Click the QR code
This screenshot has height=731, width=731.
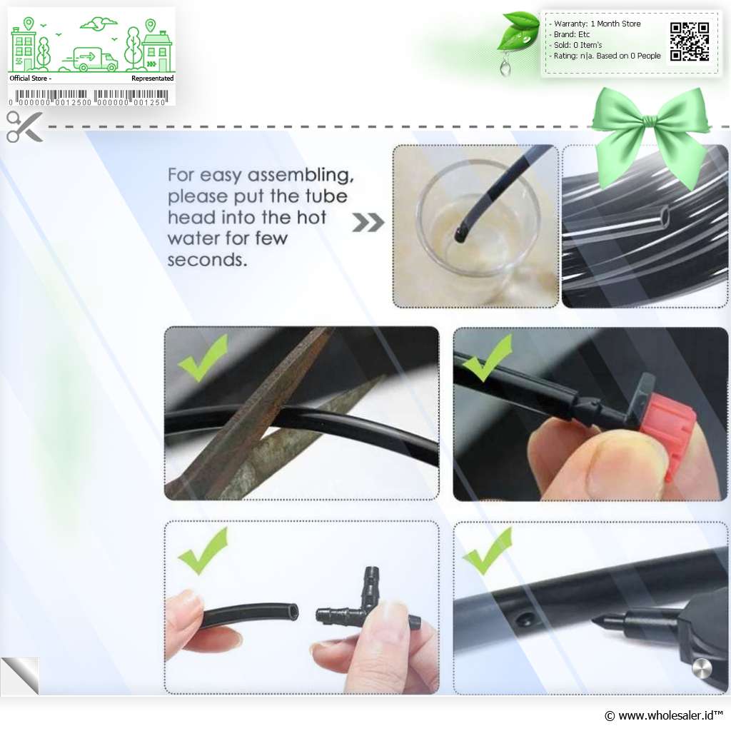(x=690, y=42)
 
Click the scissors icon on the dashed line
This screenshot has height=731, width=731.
(x=24, y=126)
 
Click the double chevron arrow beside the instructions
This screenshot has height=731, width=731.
(x=368, y=223)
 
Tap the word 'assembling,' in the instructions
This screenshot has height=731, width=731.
(x=301, y=176)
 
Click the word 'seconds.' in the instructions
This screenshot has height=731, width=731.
(x=207, y=260)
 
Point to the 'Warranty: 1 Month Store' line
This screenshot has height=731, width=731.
(x=597, y=24)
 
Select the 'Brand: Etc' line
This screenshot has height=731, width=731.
(x=572, y=34)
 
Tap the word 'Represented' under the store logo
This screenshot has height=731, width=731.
(x=153, y=79)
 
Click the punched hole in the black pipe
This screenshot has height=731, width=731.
(x=523, y=619)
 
